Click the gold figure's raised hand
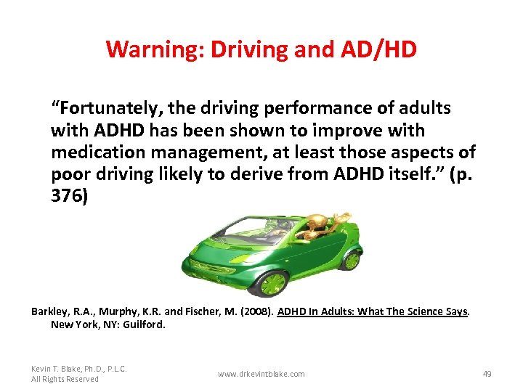(338, 215)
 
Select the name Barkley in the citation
(49, 311)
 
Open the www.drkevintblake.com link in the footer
(261, 374)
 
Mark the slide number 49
(487, 374)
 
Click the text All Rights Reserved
(65, 379)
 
